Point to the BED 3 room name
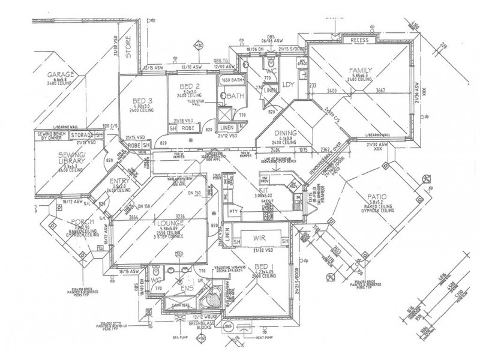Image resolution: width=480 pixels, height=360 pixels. [141, 100]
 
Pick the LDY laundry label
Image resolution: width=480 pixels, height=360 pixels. [287, 84]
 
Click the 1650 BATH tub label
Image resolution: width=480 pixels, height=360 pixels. [230, 79]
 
